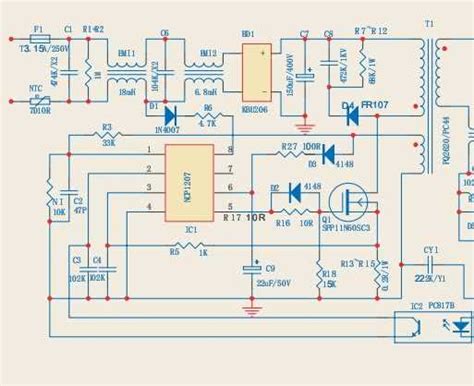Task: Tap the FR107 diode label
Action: point(376,104)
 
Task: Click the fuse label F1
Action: point(37,31)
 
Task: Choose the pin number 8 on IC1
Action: point(230,150)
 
